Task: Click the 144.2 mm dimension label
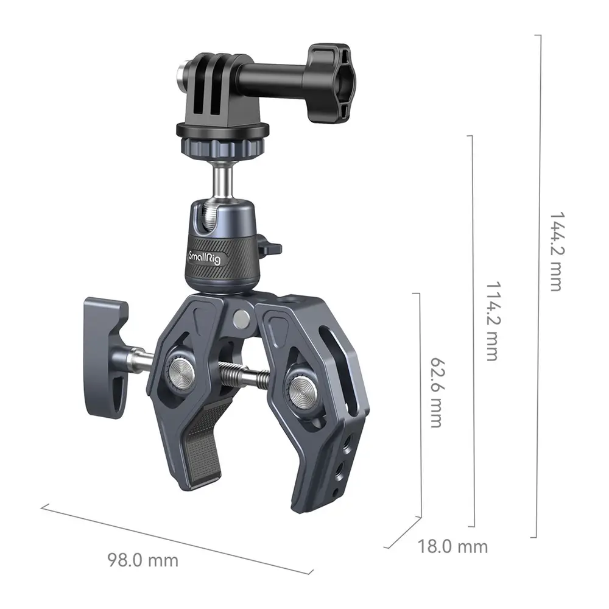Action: [556, 252]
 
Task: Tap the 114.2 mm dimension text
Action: [493, 321]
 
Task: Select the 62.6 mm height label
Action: [437, 393]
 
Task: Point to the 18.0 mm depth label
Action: [452, 547]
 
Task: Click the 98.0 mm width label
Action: [143, 560]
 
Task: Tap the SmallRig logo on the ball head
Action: [204, 258]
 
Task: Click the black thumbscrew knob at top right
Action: [331, 83]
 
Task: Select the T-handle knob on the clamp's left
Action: [106, 358]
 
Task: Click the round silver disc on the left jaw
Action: [181, 370]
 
